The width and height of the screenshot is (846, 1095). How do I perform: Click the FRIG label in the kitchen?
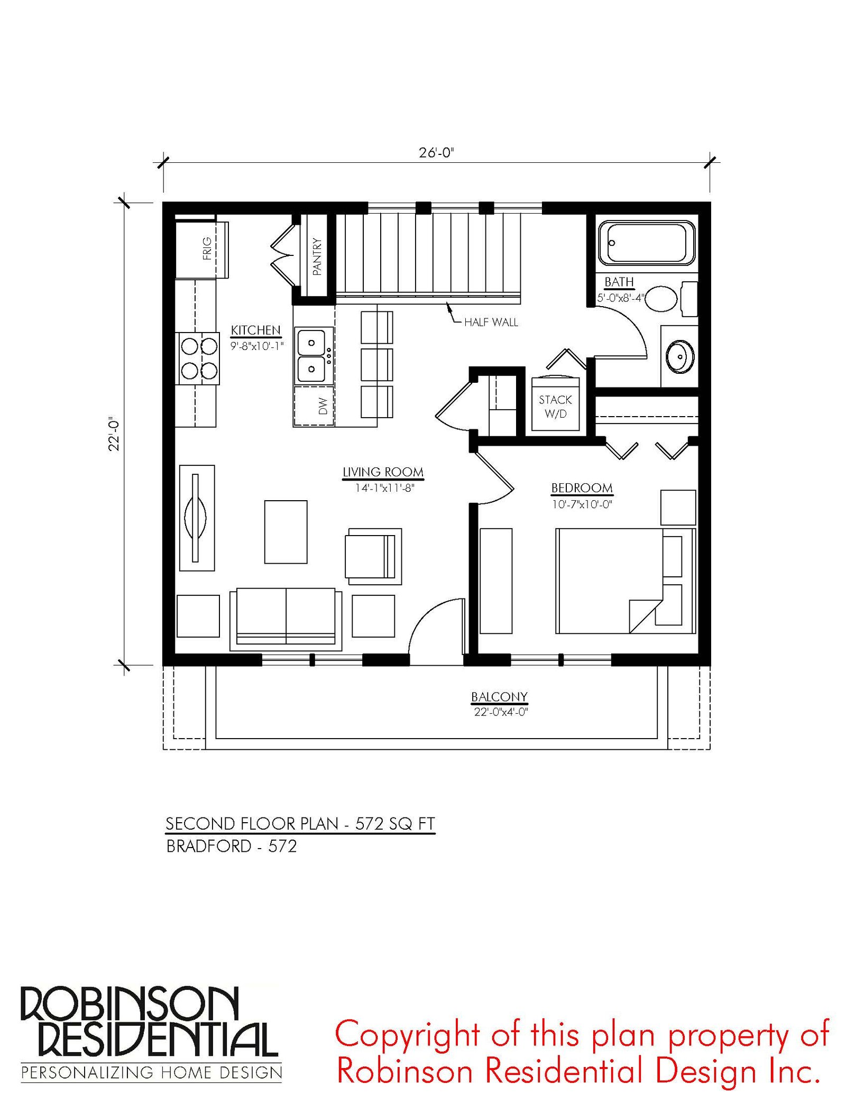click(x=207, y=248)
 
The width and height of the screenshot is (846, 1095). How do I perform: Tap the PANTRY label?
click(x=317, y=256)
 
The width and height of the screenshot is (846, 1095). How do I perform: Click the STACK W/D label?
click(x=555, y=407)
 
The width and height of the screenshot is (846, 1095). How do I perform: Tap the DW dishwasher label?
click(x=323, y=406)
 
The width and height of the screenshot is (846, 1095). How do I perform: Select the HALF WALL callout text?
click(x=491, y=322)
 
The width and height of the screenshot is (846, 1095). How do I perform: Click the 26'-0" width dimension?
click(x=437, y=153)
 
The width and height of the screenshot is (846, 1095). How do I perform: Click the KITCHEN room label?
click(x=256, y=330)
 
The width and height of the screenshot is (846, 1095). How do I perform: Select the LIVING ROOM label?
click(x=383, y=472)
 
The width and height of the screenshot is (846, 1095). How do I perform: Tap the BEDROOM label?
click(x=582, y=488)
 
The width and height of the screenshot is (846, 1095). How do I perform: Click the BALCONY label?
click(x=500, y=697)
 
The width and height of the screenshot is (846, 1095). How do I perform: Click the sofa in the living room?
click(x=286, y=619)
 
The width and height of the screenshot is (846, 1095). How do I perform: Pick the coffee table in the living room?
click(x=286, y=532)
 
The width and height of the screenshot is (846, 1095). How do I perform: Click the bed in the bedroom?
click(x=626, y=581)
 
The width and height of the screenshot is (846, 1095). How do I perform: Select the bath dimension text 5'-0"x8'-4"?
click(x=620, y=298)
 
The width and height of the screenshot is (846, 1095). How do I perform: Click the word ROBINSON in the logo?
click(x=130, y=1005)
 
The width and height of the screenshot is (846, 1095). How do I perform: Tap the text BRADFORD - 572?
click(x=231, y=846)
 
